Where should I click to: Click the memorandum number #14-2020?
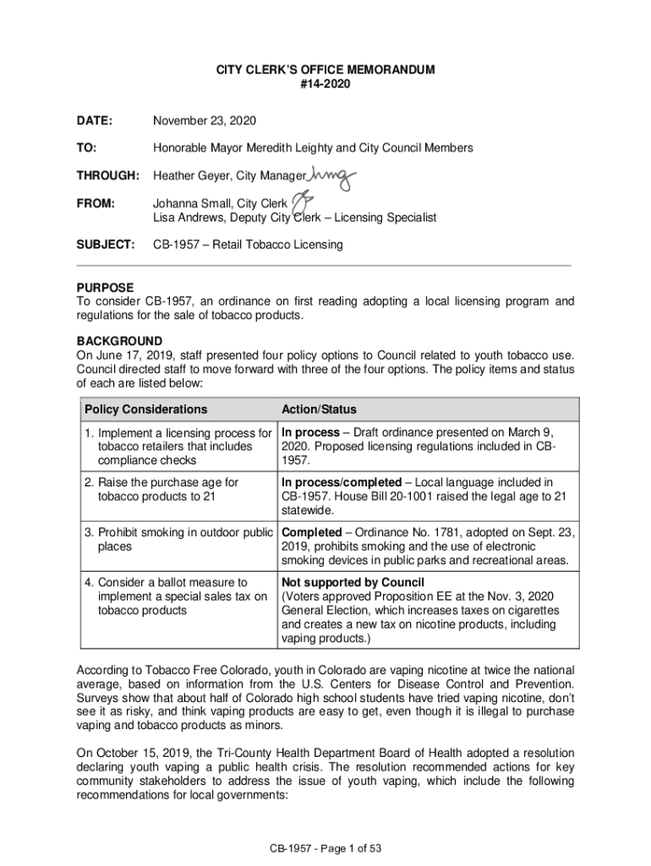pyautogui.click(x=325, y=85)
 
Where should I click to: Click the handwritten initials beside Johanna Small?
pyautogui.click(x=302, y=200)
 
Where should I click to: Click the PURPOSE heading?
pyautogui.click(x=105, y=288)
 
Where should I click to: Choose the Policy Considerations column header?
pyautogui.click(x=145, y=409)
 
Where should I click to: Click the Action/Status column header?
pyautogui.click(x=319, y=409)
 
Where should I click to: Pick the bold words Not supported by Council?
pyautogui.click(x=352, y=583)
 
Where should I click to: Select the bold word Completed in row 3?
pyautogui.click(x=310, y=533)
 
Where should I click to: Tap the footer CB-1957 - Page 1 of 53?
pyautogui.click(x=325, y=847)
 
